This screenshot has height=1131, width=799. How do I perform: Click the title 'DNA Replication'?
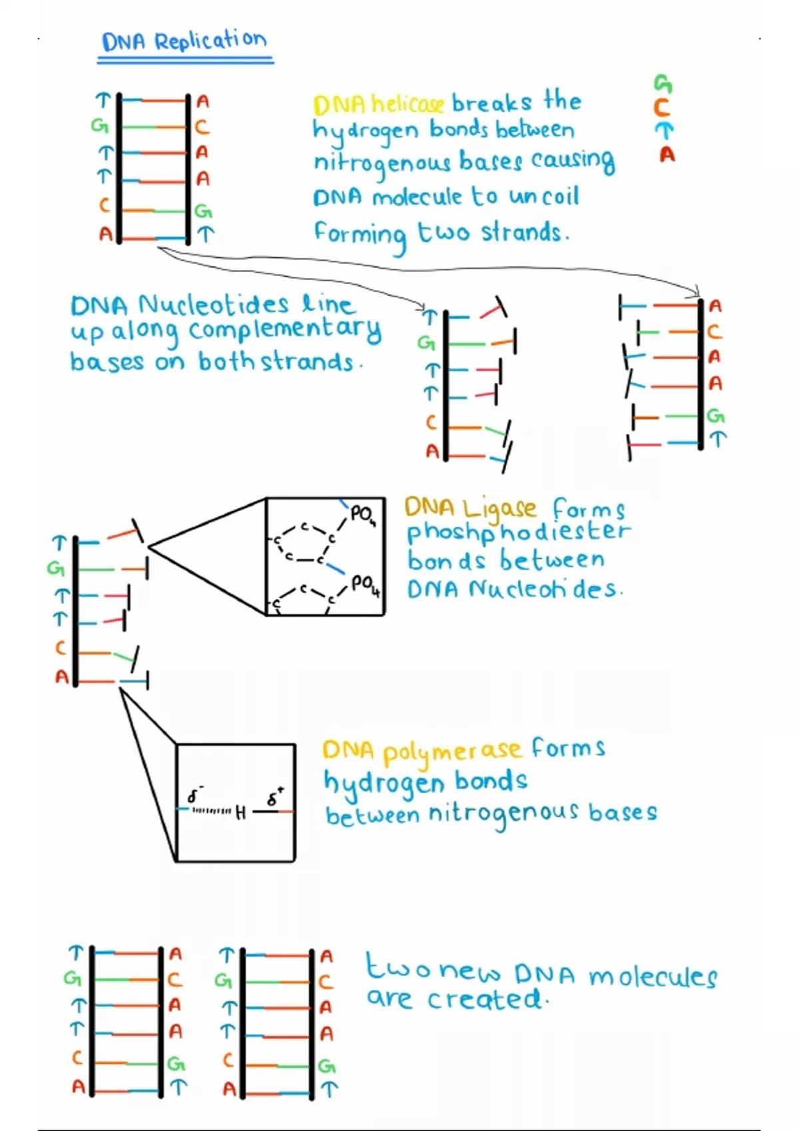coord(184,41)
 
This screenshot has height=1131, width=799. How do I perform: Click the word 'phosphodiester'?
coord(518,532)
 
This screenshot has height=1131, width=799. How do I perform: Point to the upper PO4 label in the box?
coord(363,514)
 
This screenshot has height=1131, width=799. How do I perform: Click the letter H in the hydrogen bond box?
coord(240,812)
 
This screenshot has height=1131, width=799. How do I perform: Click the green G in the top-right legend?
coord(663,83)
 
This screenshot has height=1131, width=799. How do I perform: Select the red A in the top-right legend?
coord(666,155)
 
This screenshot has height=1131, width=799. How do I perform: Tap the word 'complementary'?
coord(285,330)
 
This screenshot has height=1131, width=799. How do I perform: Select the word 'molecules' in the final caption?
coord(652,977)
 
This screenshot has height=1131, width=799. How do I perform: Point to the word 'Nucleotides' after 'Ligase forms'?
coord(545,589)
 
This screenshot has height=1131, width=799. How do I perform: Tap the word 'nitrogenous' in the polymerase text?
coord(503,814)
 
